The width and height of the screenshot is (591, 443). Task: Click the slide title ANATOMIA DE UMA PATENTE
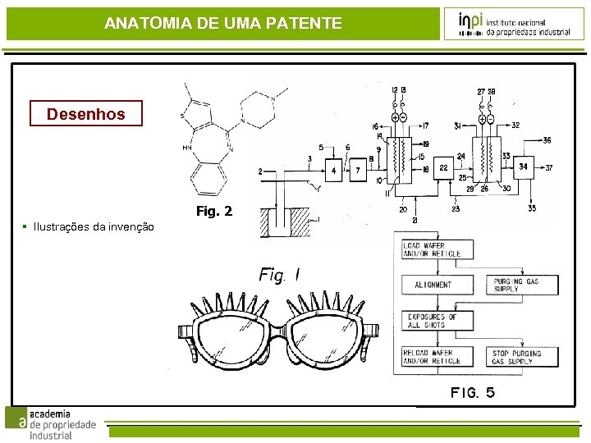click(x=223, y=24)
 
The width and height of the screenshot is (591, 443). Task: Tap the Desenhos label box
click(x=85, y=113)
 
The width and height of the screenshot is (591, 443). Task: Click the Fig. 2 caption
click(x=214, y=212)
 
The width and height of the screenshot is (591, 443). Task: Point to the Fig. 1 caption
click(x=279, y=275)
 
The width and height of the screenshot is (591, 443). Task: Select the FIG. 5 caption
click(x=473, y=393)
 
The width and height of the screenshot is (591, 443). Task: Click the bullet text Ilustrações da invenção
click(x=94, y=226)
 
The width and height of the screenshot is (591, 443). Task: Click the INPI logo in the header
click(x=515, y=24)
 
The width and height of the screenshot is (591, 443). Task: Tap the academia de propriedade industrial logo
click(x=51, y=423)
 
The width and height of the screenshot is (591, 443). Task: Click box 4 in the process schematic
click(x=334, y=171)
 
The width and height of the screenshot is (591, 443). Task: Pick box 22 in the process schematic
click(x=443, y=167)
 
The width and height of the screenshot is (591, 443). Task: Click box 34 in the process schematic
click(x=524, y=167)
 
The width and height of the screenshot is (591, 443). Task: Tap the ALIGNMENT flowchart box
click(x=438, y=285)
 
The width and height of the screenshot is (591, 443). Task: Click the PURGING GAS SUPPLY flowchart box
click(x=525, y=285)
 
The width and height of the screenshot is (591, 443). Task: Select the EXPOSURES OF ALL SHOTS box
click(x=438, y=321)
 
